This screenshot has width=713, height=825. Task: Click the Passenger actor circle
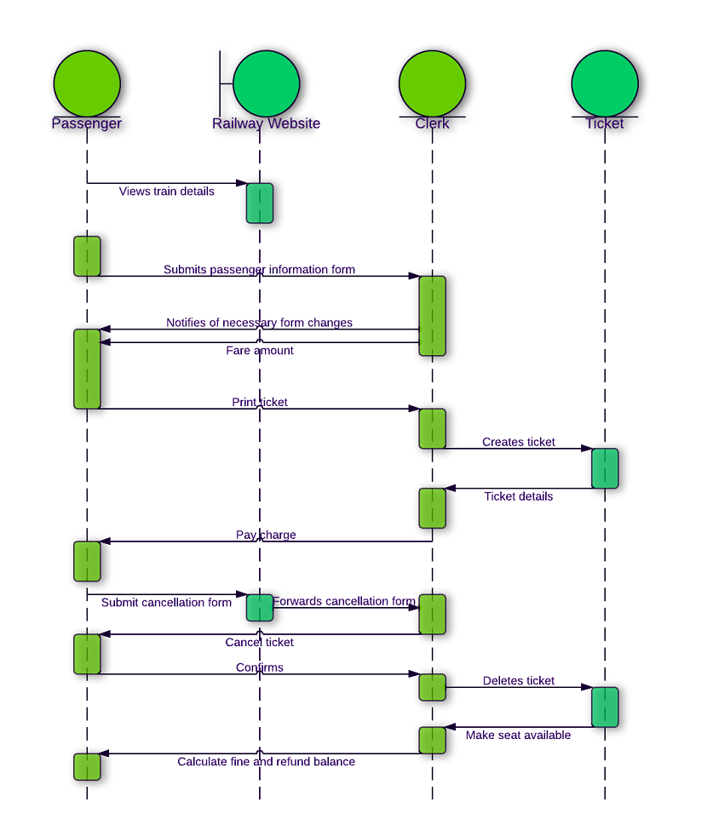point(87,83)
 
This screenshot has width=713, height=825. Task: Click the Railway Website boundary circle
point(266,83)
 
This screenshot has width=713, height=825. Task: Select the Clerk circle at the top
point(432,83)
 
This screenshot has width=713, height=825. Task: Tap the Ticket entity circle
point(605,83)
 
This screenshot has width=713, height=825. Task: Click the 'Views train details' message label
point(166,192)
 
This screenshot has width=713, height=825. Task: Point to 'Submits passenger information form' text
point(259,270)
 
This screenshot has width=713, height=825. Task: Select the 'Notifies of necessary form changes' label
point(259,323)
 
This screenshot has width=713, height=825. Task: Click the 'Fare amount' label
point(259,350)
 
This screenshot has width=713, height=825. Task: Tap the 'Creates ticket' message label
point(518,442)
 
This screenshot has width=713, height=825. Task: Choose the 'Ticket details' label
point(518,496)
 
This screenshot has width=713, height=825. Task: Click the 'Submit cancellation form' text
point(166,603)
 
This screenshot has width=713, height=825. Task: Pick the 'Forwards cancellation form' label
point(344,601)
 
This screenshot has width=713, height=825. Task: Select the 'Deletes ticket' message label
point(518,680)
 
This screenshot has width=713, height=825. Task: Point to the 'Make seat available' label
point(518,735)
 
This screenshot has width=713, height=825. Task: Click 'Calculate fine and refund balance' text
point(266,761)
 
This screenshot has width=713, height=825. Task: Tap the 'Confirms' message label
point(259,667)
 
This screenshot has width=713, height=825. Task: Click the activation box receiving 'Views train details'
point(260,203)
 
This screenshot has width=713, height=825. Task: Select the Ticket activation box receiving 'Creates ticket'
point(605,468)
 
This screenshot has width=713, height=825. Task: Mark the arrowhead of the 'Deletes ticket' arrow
point(587,687)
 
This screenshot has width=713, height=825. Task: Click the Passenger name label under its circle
point(87,123)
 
